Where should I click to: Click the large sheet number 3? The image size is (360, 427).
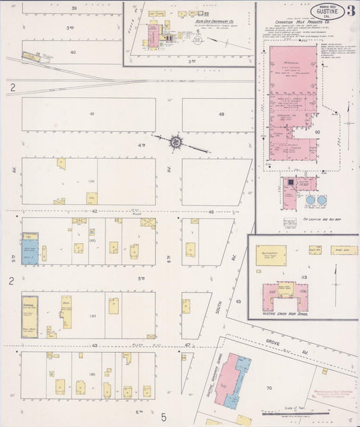pyautogui.click(x=351, y=10)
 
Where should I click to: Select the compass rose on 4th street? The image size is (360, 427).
pyautogui.click(x=176, y=142)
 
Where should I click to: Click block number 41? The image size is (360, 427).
pyautogui.click(x=93, y=114)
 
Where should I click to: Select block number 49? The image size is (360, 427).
pyautogui.click(x=221, y=114)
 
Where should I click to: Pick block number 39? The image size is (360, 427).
pyautogui.click(x=93, y=7)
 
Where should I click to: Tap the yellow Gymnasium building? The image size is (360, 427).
pyautogui.click(x=271, y=255)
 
